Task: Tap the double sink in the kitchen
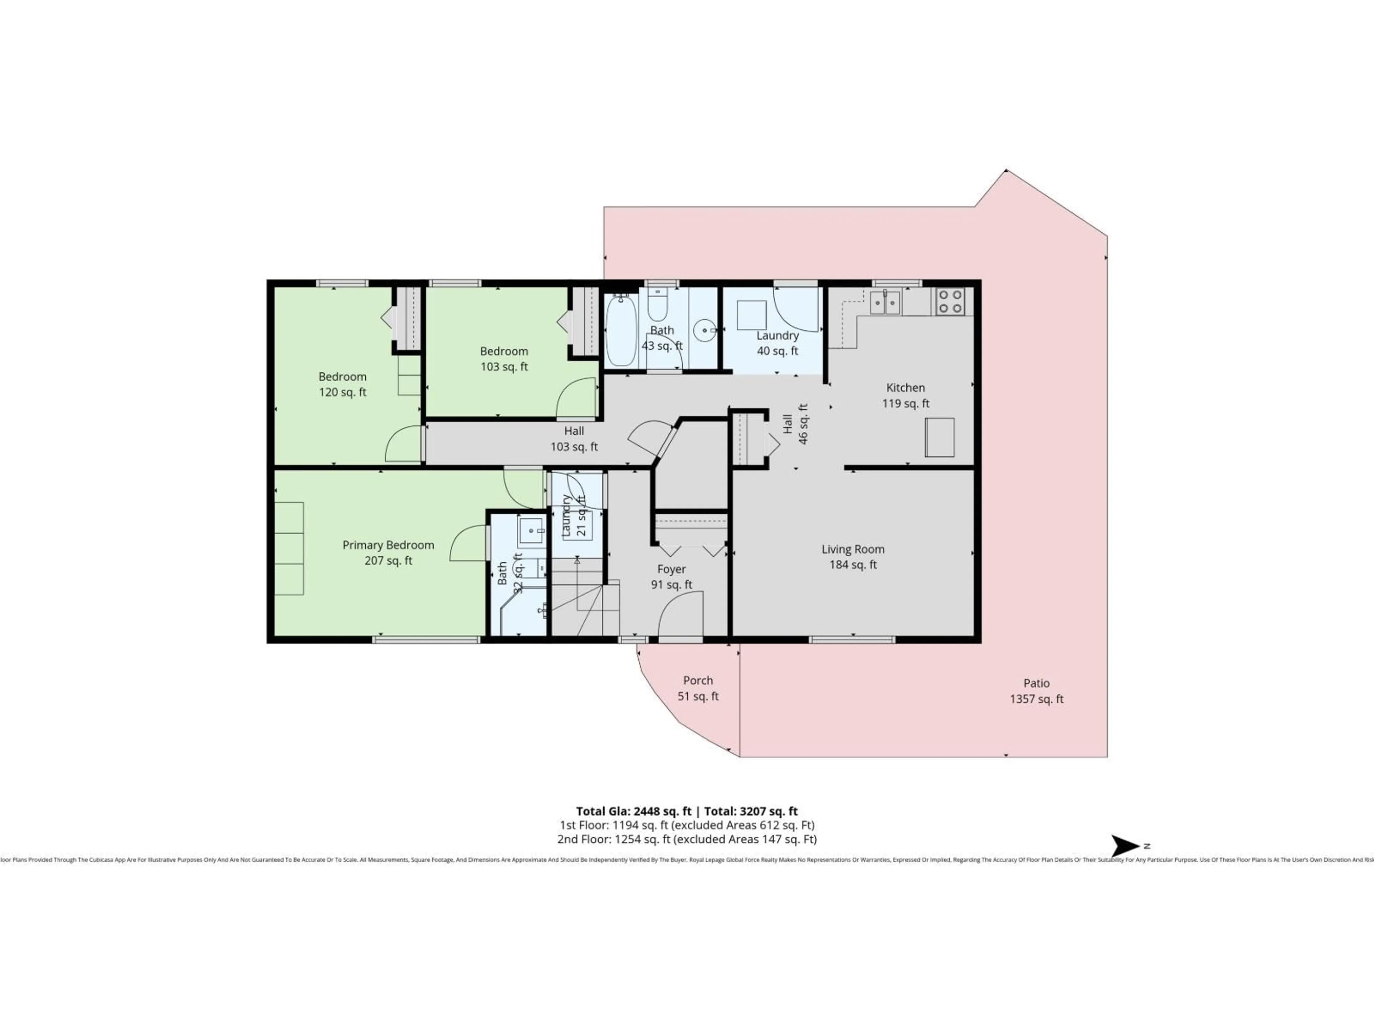click(885, 302)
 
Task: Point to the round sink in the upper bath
click(705, 330)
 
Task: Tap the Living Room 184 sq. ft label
click(853, 557)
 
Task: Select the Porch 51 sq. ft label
click(698, 688)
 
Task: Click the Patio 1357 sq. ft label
click(1036, 691)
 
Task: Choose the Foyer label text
click(672, 569)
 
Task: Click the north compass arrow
click(1124, 846)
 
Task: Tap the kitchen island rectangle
click(939, 437)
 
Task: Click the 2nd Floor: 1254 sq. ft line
click(686, 839)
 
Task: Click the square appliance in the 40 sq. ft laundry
click(751, 315)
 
